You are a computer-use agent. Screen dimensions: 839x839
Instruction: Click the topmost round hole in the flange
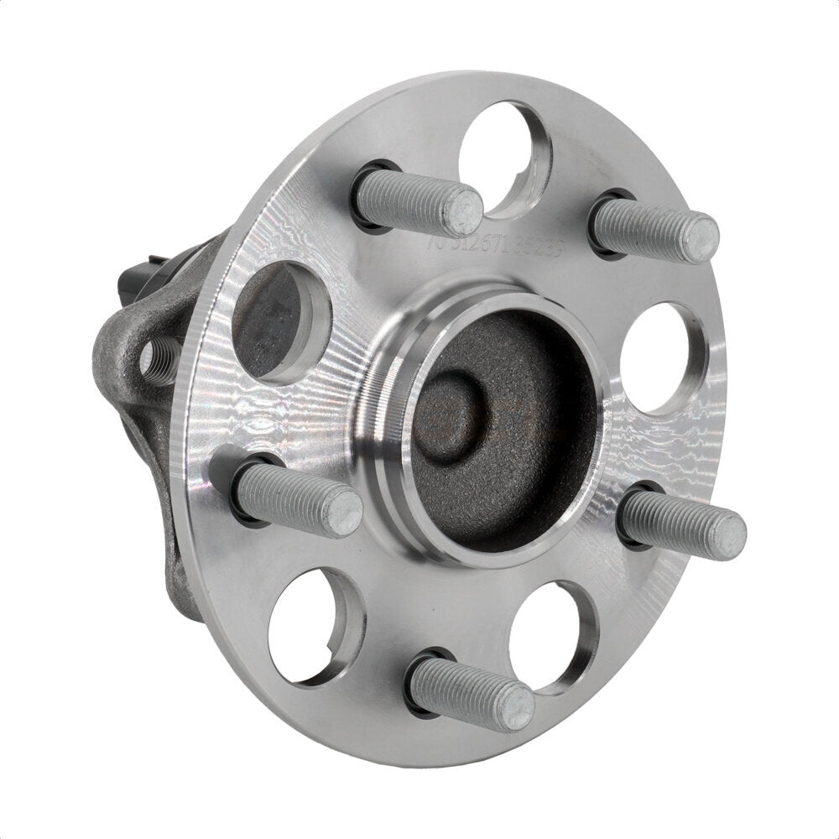pyautogui.click(x=507, y=155)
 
